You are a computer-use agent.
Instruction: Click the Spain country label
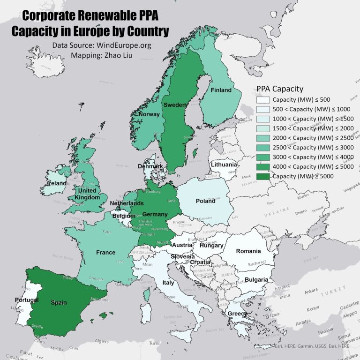point(59,303)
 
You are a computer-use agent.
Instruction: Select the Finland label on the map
point(221,90)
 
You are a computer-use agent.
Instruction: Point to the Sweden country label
point(175,105)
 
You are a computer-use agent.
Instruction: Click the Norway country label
point(149,114)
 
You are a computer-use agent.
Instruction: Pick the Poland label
point(205,201)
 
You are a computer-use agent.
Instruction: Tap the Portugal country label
point(26,300)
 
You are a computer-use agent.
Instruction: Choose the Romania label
point(248,251)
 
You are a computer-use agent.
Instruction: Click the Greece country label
point(237,314)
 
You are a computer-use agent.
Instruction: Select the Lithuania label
point(224,165)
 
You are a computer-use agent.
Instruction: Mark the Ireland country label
point(56,184)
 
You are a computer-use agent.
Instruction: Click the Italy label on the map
point(168,283)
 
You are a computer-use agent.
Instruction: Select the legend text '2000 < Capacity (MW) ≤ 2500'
point(313,138)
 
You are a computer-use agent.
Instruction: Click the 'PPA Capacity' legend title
point(280,89)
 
